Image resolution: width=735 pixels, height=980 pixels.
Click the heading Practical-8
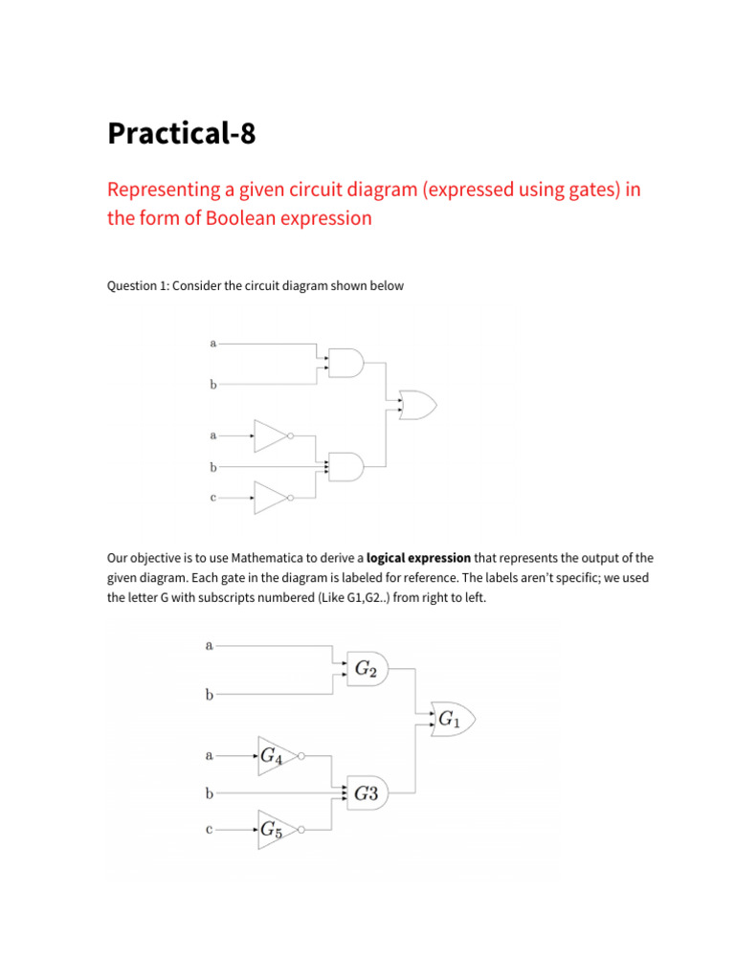coord(182,134)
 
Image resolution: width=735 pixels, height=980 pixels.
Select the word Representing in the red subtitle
coord(162,189)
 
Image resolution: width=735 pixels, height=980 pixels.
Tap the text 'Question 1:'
coord(135,286)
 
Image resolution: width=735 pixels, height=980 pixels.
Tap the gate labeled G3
coord(367,792)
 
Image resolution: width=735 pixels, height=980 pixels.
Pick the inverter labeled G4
coord(272,756)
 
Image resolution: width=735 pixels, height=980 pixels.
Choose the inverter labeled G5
coord(272,830)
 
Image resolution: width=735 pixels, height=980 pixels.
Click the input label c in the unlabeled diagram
coord(212,498)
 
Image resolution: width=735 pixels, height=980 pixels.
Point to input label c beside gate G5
coord(209,830)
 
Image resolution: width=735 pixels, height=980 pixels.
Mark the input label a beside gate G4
coord(209,756)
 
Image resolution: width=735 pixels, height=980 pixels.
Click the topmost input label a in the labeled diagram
coord(209,646)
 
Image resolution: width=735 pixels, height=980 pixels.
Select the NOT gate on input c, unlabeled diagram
coord(271,498)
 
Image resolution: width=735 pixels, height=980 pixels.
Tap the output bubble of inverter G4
coord(301,756)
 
